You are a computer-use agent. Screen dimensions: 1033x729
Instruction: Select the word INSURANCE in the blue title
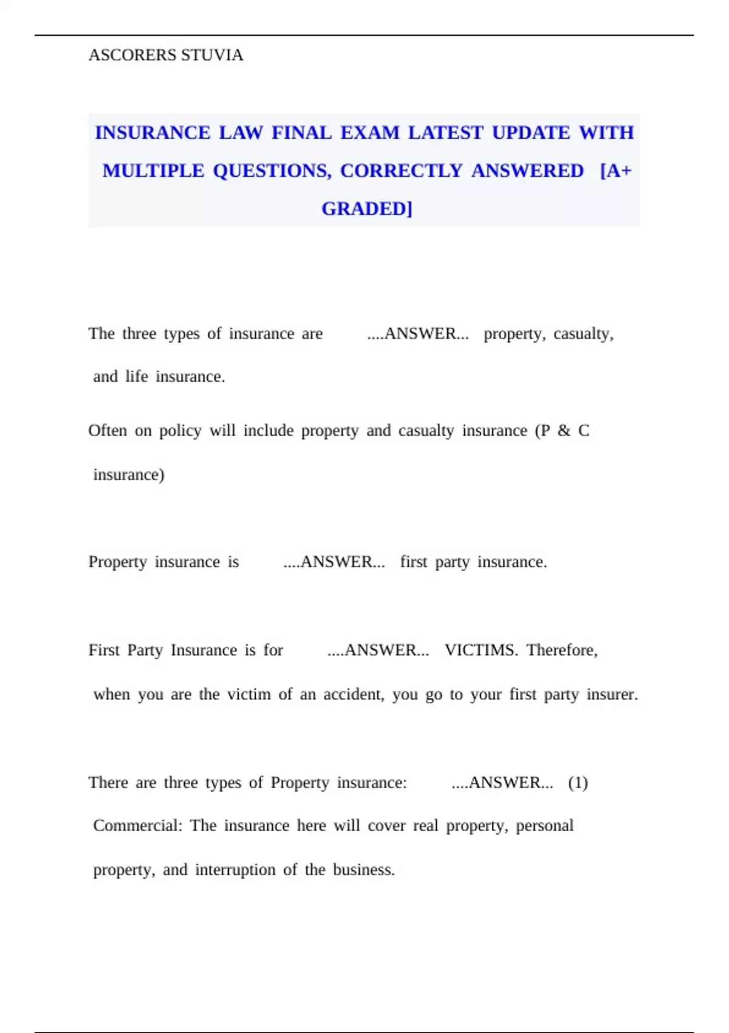152,132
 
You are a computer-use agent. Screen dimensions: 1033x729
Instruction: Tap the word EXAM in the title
369,132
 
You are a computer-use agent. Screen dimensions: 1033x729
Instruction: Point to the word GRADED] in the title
367,208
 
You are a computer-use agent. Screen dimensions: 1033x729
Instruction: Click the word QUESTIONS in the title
272,171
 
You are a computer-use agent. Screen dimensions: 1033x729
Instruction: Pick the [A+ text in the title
615,171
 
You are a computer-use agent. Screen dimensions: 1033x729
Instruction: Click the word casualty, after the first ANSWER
583,334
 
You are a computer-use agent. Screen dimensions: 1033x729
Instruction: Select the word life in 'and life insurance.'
137,377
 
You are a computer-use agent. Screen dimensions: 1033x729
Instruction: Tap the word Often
108,431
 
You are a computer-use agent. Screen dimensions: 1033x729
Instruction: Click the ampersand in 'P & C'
564,431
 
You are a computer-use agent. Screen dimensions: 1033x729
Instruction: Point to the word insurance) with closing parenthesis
129,475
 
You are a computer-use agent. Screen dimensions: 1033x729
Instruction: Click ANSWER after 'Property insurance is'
335,562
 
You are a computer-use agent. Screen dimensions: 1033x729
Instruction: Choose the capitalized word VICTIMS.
481,650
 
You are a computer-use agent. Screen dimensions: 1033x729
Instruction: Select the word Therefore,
562,650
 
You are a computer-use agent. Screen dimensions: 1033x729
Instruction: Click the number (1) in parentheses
578,783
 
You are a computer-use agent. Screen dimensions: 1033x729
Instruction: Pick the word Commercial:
137,826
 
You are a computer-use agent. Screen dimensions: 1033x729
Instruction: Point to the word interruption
235,870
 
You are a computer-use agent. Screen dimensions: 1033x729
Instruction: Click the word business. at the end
363,870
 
